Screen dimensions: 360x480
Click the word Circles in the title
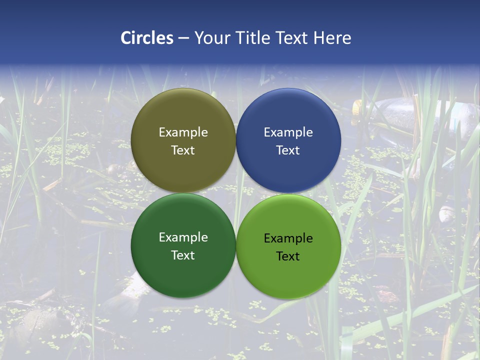(146, 38)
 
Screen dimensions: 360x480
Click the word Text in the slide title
(294, 38)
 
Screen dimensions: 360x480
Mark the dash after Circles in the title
(183, 38)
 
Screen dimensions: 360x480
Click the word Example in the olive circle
(183, 132)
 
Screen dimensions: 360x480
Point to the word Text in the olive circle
(183, 150)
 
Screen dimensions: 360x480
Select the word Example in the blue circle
(288, 132)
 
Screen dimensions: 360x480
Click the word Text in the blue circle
(288, 150)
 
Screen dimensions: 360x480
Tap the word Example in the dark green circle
(183, 237)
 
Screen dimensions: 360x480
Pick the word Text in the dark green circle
(183, 255)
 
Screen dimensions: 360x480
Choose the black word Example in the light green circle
(288, 238)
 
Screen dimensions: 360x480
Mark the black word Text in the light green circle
(288, 256)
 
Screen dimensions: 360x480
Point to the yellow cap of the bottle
(356, 106)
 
